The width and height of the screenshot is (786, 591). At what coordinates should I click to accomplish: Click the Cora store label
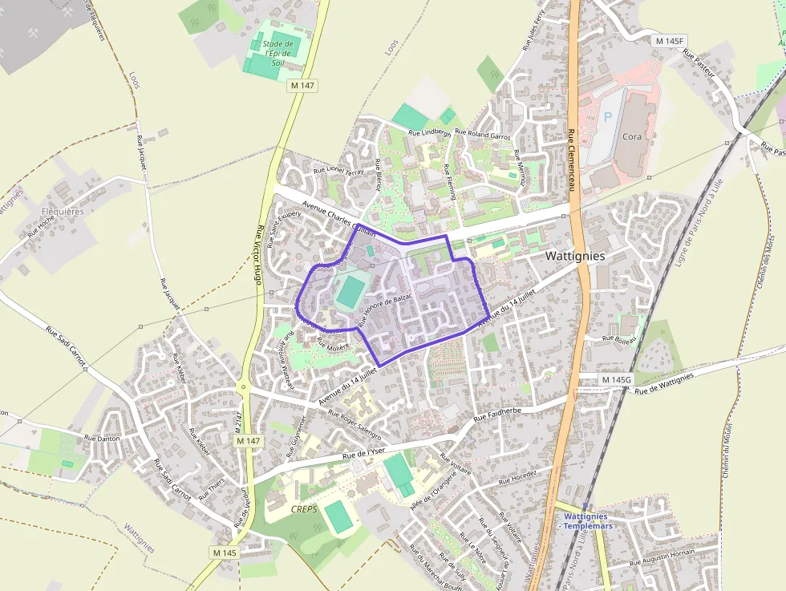pos(632,136)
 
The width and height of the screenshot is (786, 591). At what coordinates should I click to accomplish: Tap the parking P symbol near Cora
pos(607,116)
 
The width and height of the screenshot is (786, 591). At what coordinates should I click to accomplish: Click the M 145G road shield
pos(616,378)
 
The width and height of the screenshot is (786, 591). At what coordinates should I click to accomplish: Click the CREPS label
pos(304,509)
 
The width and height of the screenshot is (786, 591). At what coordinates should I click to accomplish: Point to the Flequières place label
pos(62,212)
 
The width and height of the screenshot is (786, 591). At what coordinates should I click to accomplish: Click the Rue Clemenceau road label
pos(572,160)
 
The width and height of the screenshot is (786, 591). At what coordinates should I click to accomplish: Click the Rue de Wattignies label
pos(663,383)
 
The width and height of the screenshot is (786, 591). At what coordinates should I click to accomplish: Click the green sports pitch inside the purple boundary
pos(350,292)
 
